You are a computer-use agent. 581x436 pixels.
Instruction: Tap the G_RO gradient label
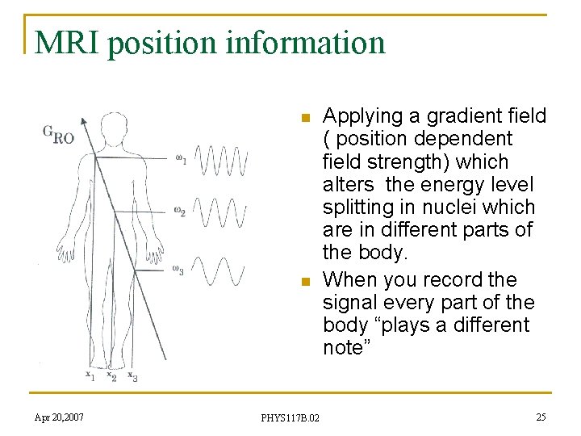(58, 134)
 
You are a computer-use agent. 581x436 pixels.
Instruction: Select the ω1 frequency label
(181, 159)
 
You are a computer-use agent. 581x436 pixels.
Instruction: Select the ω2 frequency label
(180, 212)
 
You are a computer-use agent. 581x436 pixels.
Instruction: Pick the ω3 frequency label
(178, 270)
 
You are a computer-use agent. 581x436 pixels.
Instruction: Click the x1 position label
(90, 375)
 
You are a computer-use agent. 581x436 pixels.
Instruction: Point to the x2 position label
(112, 375)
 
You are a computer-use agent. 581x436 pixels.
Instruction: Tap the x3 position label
(132, 376)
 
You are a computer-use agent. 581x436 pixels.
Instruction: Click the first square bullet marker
(304, 118)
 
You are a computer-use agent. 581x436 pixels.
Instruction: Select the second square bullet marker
(304, 282)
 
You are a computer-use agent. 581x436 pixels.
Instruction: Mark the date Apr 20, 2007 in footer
(58, 417)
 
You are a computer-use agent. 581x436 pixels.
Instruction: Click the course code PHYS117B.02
(290, 417)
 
